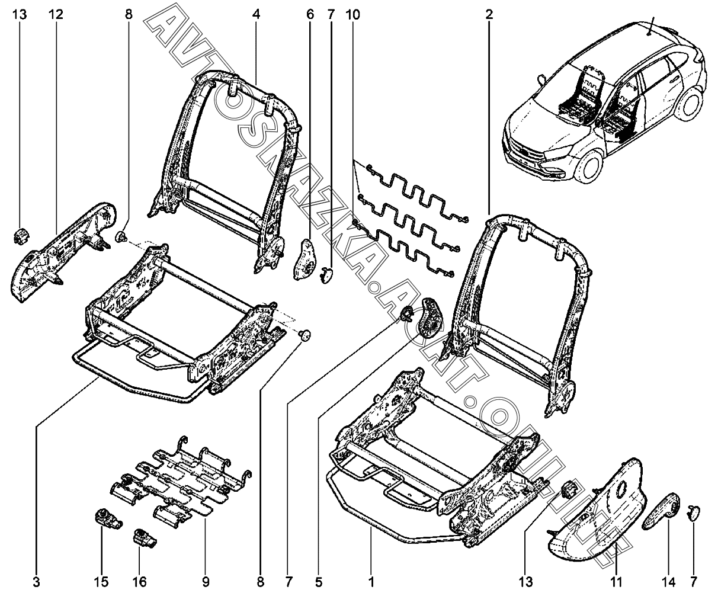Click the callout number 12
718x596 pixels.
pos(56,15)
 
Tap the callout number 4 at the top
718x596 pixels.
pos(256,15)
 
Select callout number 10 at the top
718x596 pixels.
pos(353,15)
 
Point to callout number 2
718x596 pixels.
pos(489,15)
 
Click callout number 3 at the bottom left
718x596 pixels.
pos(37,582)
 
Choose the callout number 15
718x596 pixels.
pos(101,582)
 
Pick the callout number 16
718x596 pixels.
pos(139,582)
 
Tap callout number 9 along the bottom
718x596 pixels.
pos(206,582)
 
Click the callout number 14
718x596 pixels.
pos(668,582)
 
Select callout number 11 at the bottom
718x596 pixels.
pos(616,582)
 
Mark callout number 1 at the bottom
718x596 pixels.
pos(371,582)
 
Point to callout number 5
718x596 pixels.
pos(319,582)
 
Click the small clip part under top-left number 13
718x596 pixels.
pos(21,236)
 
